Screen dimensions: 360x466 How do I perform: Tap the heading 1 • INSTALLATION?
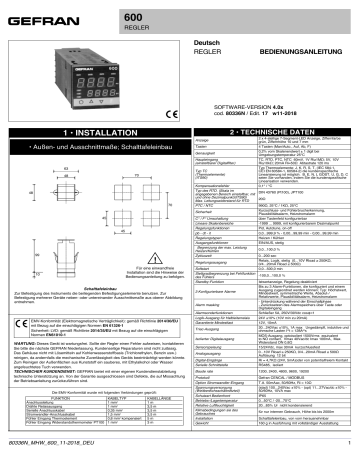91,131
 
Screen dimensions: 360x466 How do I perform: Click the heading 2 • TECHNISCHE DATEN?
271,131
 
